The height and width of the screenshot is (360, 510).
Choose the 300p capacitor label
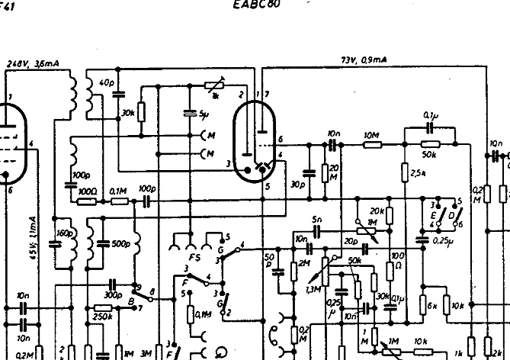point(113,294)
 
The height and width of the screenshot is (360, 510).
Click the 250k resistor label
point(102,317)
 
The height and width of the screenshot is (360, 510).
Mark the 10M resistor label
point(371,134)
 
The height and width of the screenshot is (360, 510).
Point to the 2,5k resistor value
point(418,172)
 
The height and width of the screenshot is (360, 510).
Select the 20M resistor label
point(335,171)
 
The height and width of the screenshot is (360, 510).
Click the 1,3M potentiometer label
point(311,289)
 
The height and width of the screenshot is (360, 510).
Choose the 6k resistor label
point(433,306)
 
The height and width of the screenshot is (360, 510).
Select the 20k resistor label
point(377,211)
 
